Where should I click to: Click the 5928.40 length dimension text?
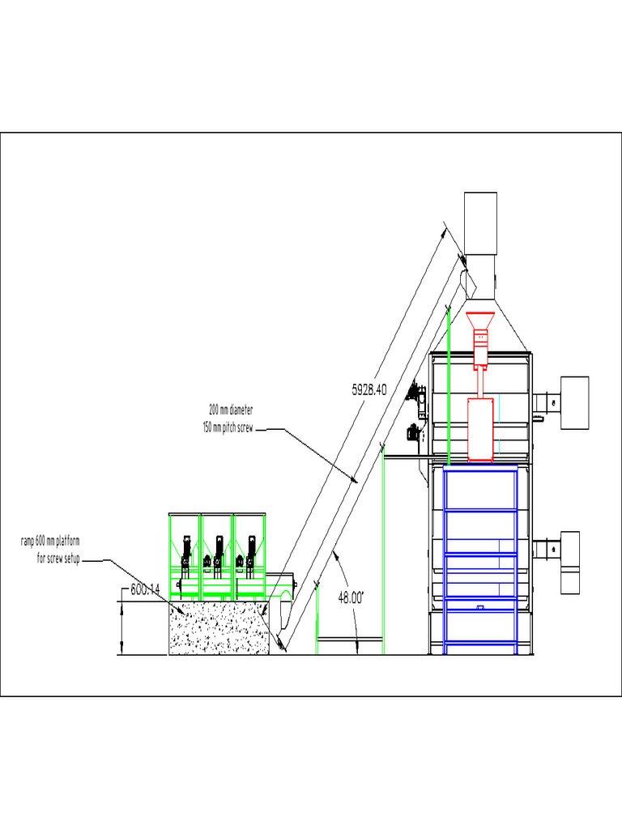point(369,389)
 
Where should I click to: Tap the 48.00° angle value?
point(351,597)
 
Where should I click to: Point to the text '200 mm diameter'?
point(231,410)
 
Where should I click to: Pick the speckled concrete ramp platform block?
point(217,628)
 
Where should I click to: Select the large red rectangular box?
point(480,429)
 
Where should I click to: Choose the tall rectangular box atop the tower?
point(480,223)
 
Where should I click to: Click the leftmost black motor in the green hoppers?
point(186,550)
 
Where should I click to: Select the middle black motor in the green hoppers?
point(218,550)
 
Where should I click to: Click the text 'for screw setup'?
point(58,559)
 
